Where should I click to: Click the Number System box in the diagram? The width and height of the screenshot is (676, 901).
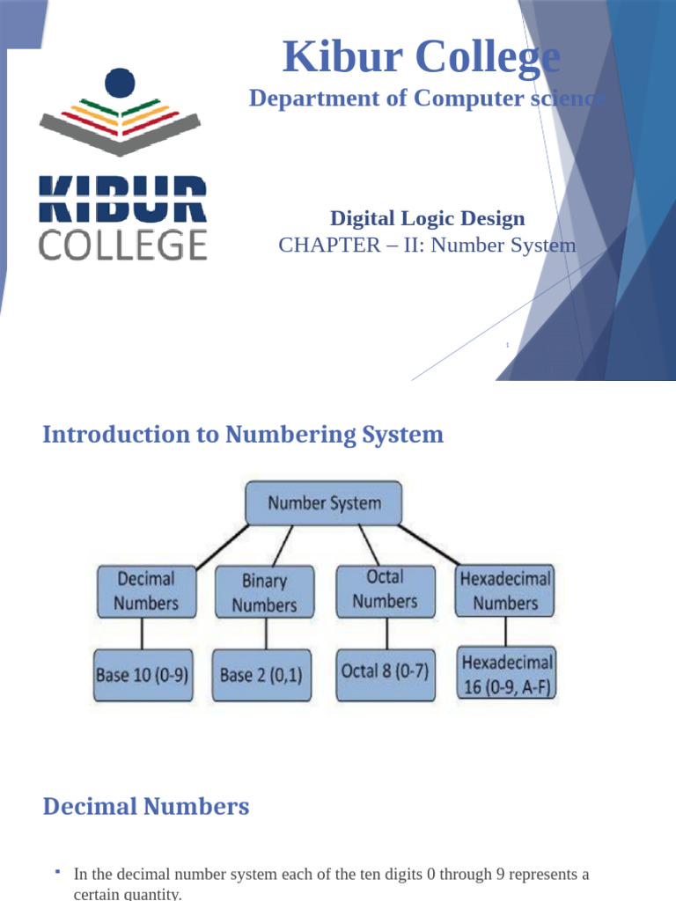pyautogui.click(x=324, y=504)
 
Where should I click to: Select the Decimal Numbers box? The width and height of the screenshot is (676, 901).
pyautogui.click(x=146, y=590)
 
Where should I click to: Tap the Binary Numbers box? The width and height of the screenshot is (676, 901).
pyautogui.click(x=264, y=592)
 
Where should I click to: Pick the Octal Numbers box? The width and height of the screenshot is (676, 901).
pyautogui.click(x=385, y=589)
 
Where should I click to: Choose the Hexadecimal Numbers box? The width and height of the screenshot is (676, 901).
pyautogui.click(x=505, y=590)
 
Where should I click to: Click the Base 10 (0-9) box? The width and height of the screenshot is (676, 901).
pyautogui.click(x=143, y=676)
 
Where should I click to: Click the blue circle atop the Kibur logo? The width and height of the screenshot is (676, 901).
pyautogui.click(x=121, y=84)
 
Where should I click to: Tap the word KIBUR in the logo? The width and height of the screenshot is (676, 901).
pyautogui.click(x=122, y=199)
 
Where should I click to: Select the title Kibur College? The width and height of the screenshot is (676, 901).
pyautogui.click(x=421, y=58)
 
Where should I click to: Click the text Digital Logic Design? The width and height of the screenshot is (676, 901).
pyautogui.click(x=427, y=218)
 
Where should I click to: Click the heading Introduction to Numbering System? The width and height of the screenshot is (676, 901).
pyautogui.click(x=243, y=435)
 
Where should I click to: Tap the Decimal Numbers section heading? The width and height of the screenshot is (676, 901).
pyautogui.click(x=146, y=806)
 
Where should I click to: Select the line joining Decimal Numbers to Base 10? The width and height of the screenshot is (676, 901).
pyautogui.click(x=142, y=632)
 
